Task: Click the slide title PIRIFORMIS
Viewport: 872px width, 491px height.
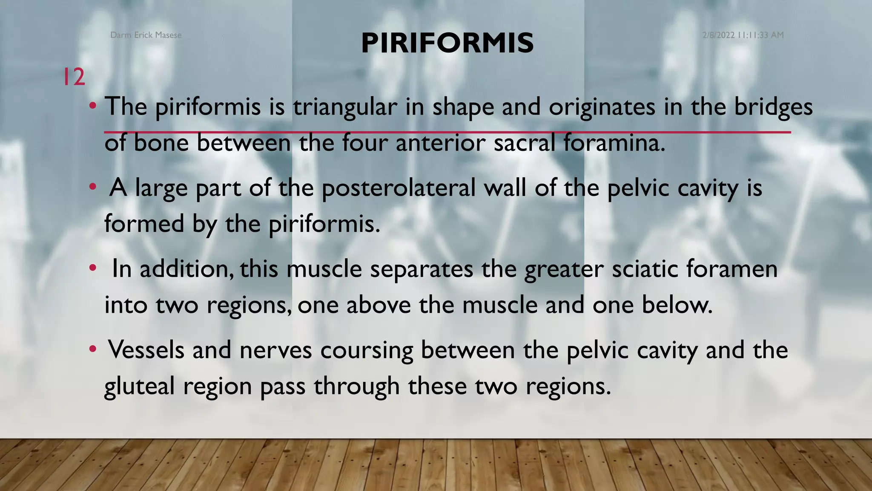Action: [x=447, y=43]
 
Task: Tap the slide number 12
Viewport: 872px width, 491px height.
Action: [x=74, y=77]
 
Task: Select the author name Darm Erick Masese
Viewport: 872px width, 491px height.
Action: [x=146, y=35]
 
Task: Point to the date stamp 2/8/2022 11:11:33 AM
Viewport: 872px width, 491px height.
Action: [x=743, y=35]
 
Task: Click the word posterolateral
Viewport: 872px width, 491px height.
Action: [x=398, y=188]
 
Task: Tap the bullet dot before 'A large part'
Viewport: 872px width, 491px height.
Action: [x=93, y=188]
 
